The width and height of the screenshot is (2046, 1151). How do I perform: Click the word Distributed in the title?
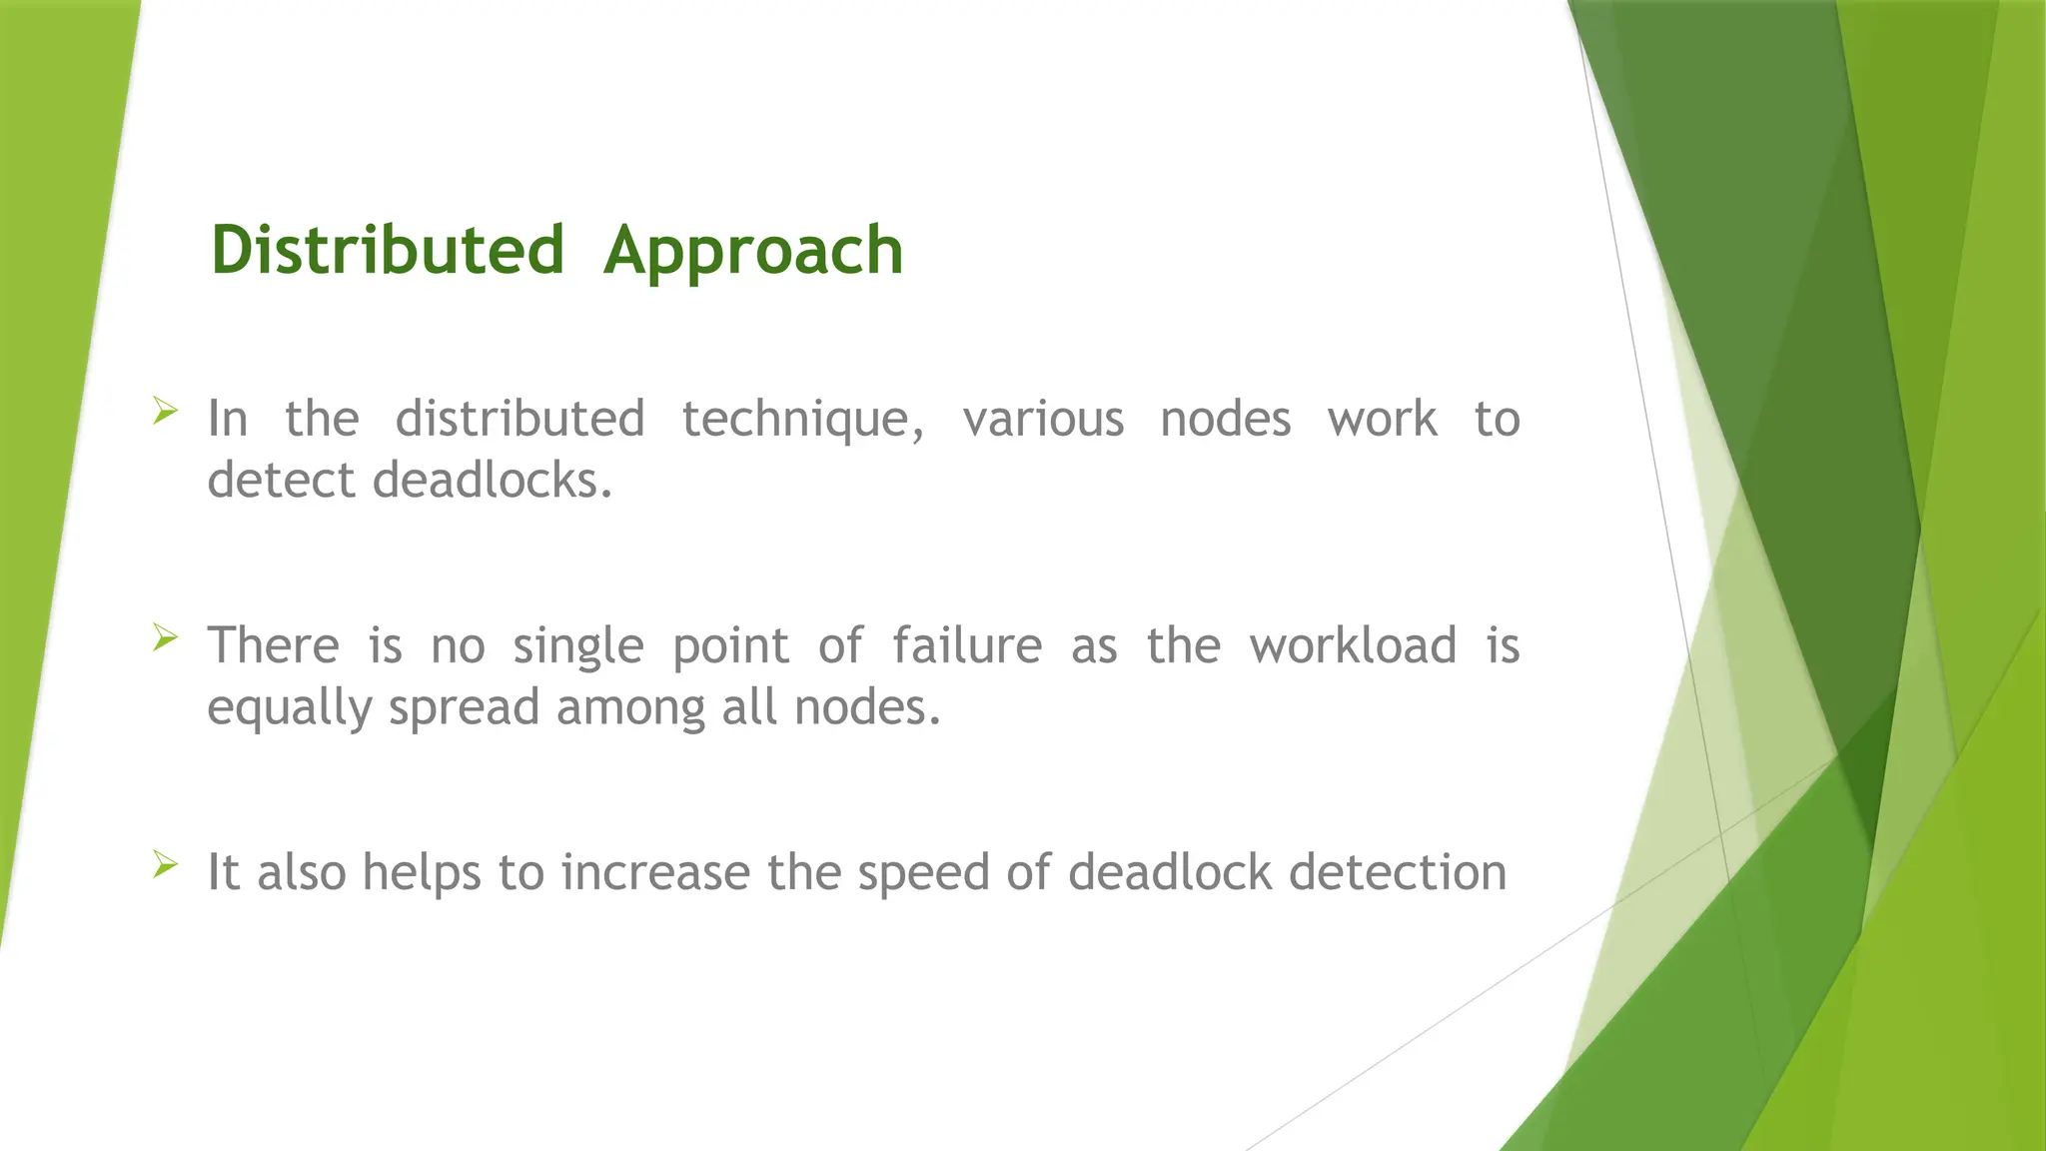tap(388, 250)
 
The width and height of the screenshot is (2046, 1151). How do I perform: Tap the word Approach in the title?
tap(753, 252)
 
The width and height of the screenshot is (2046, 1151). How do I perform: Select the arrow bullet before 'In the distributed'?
tap(166, 411)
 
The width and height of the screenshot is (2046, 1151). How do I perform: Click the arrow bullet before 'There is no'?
tap(166, 637)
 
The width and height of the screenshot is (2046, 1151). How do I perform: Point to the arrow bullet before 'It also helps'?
tap(166, 864)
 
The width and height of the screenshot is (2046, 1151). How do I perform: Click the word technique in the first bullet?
tap(803, 420)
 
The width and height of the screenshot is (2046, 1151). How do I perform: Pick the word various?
tap(1043, 420)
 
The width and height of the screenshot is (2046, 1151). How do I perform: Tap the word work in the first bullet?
tap(1383, 420)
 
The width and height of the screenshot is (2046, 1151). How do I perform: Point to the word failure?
tap(967, 645)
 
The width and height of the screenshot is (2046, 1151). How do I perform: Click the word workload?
tap(1353, 645)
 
